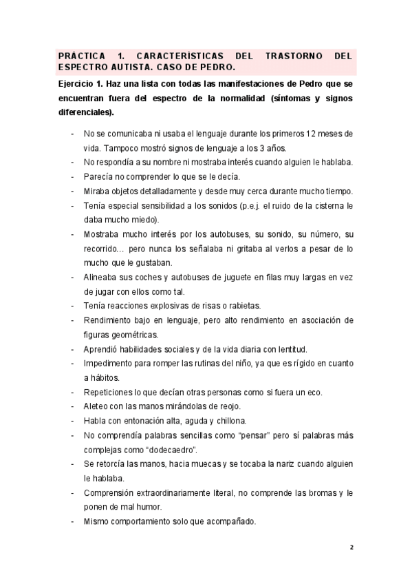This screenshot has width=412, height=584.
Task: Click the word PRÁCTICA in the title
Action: click(81, 55)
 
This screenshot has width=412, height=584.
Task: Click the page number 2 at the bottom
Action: click(351, 547)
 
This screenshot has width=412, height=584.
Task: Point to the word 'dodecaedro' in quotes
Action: click(158, 448)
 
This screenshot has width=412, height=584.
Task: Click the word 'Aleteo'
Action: click(97, 406)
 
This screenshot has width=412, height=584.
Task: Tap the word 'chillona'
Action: click(233, 421)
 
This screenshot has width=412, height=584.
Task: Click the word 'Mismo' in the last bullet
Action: click(97, 521)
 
